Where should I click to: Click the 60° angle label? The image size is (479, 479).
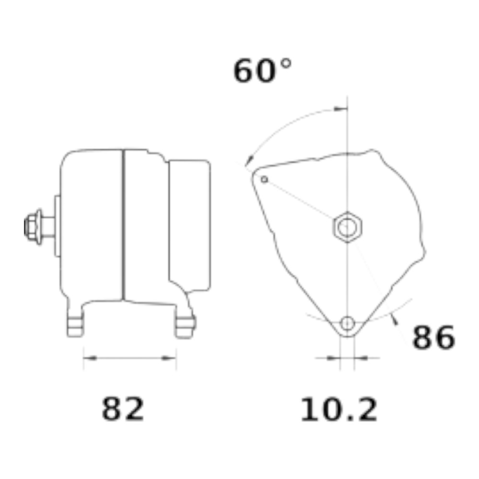[x=262, y=70]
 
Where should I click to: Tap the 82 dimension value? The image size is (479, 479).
[x=123, y=409]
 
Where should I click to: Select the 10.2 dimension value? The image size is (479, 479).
[x=339, y=410]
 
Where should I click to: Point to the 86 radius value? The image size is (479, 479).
[x=433, y=337]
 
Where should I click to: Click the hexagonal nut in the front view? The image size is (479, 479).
[x=347, y=227]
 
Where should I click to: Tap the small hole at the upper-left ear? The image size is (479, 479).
[x=264, y=179]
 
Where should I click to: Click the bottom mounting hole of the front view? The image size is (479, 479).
[x=347, y=323]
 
